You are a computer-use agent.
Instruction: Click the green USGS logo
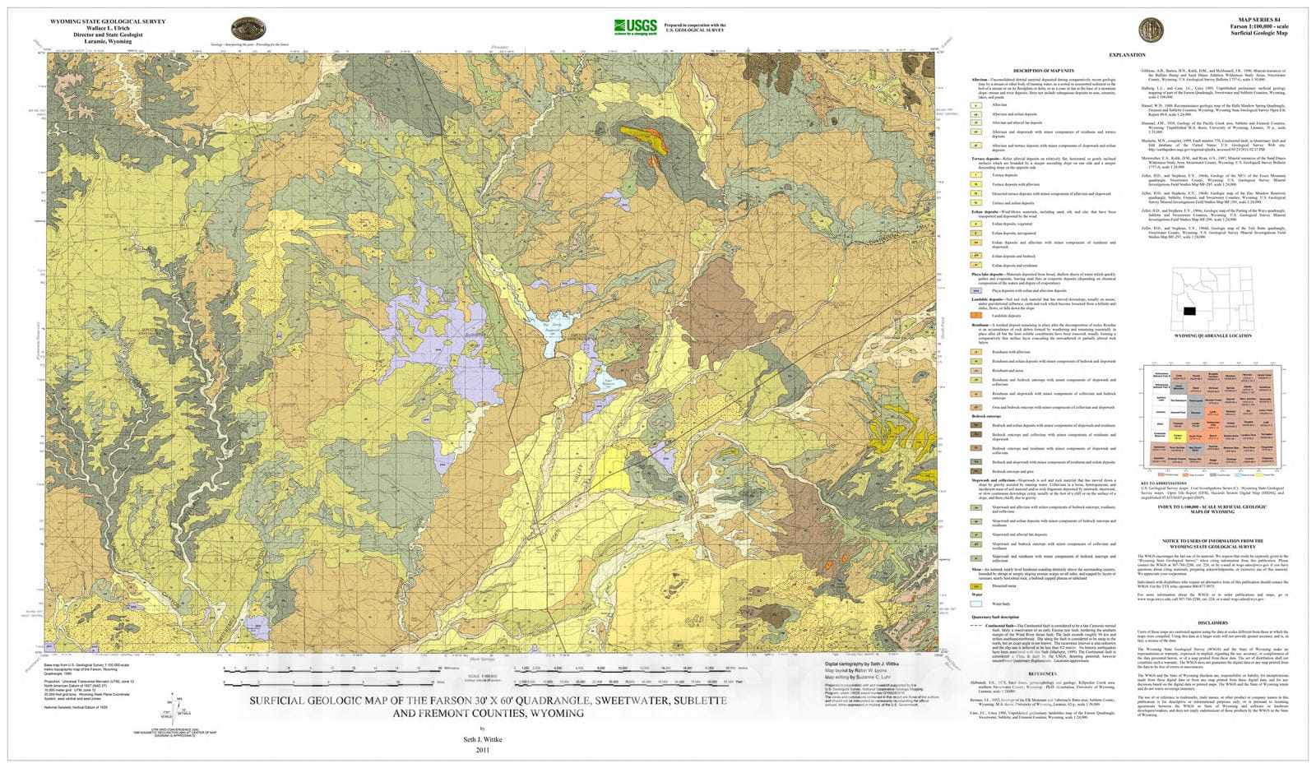tap(636, 26)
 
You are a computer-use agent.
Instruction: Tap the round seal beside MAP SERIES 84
tap(1150, 30)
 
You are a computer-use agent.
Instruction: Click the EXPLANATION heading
tap(1127, 55)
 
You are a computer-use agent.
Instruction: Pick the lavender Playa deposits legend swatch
tap(976, 290)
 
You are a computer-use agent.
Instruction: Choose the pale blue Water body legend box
tap(976, 604)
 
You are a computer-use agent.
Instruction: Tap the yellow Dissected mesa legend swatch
tap(976, 586)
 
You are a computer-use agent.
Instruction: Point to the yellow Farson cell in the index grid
tap(1179, 435)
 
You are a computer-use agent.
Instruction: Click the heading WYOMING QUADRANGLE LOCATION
tap(1213, 335)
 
